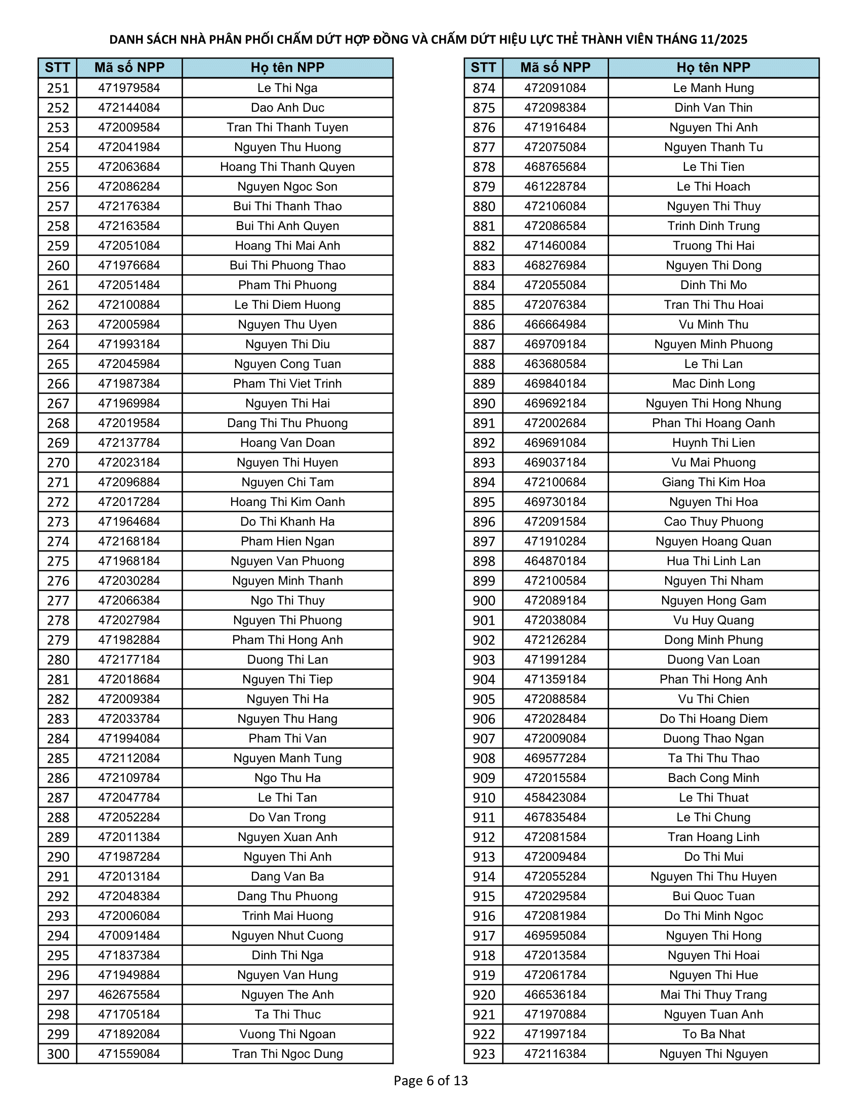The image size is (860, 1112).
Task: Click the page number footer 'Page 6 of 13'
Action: point(431,1081)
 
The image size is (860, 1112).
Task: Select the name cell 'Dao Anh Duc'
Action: point(287,108)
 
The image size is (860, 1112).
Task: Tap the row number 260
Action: point(58,266)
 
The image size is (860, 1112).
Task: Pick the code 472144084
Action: point(129,108)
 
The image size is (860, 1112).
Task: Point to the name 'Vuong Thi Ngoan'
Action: point(287,1034)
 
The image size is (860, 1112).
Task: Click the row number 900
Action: point(484,601)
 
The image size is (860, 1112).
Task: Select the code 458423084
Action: point(555,798)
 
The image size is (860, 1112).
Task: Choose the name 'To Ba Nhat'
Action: point(713,1034)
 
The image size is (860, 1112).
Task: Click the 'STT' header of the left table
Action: point(58,68)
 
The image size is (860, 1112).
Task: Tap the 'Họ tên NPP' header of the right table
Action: point(713,68)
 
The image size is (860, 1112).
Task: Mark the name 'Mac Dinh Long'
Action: point(713,384)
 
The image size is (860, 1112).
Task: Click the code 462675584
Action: point(129,995)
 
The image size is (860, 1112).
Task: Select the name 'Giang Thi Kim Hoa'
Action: point(713,482)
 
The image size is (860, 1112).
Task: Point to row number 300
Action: point(58,1054)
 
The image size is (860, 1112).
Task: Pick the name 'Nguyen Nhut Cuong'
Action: point(287,936)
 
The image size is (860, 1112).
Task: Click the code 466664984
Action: point(555,325)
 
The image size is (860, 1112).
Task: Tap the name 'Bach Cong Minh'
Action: point(713,778)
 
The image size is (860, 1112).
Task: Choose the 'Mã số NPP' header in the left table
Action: point(129,68)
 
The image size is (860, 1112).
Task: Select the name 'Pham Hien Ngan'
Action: point(287,541)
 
